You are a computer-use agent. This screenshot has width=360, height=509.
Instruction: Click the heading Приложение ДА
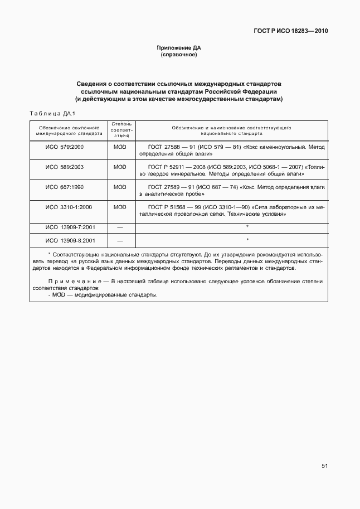click(179, 48)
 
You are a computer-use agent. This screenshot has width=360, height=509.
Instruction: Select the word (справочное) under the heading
click(179, 55)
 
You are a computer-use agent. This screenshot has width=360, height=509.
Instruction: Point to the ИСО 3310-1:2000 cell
click(69, 207)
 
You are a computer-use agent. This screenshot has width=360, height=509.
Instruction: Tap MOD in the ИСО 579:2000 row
click(120, 147)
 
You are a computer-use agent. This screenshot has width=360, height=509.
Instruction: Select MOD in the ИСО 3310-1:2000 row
click(120, 207)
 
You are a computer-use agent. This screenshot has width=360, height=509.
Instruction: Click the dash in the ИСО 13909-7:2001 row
click(120, 227)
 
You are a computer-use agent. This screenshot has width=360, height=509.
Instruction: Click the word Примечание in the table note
click(75, 282)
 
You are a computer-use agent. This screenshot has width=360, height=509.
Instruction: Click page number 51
click(324, 466)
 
